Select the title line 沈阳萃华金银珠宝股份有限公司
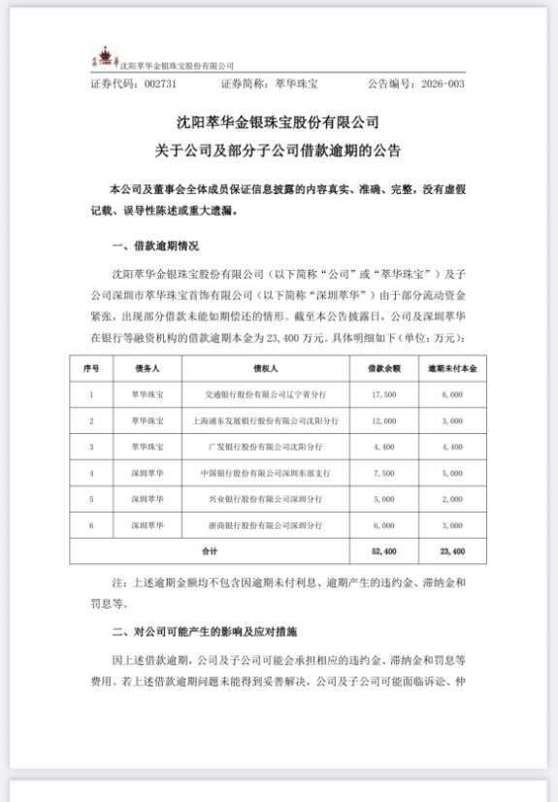pos(278,124)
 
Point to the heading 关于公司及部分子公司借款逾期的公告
pos(278,151)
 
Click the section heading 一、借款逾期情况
pos(157,245)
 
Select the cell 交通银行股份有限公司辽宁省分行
pos(265,395)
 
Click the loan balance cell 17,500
pos(383,395)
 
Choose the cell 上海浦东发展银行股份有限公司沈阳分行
pos(265,421)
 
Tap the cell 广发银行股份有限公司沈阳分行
pos(265,448)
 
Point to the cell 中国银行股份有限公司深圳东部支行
pos(265,473)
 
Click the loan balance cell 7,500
pos(383,473)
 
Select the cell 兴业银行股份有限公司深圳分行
pos(265,499)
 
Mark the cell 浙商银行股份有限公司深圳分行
pos(265,524)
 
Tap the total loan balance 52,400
pos(383,550)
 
